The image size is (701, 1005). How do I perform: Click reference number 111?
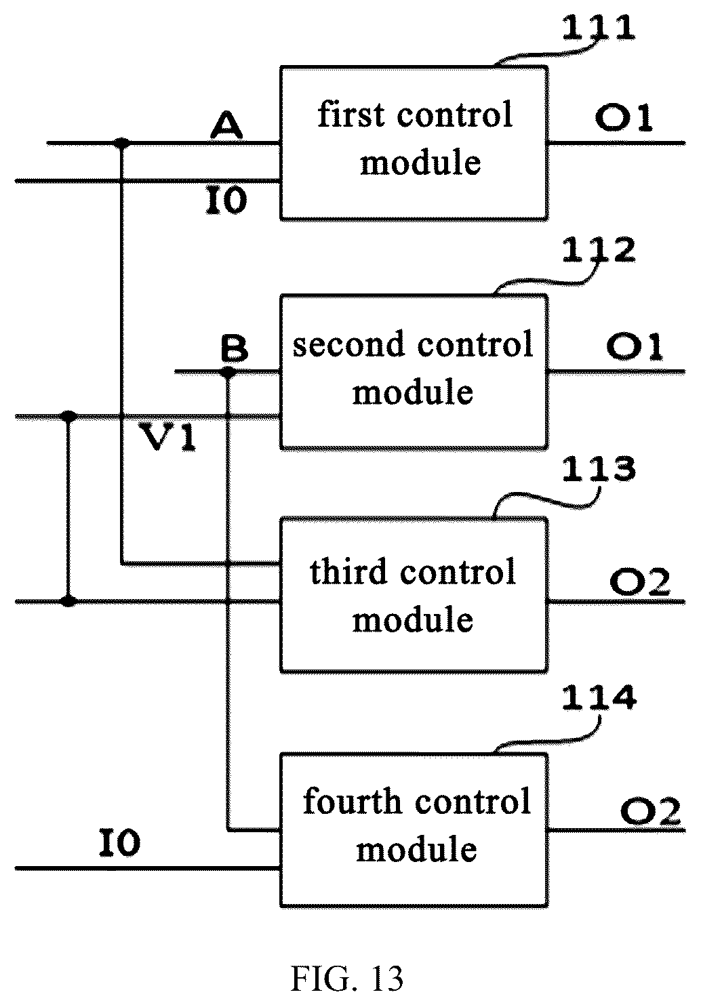click(x=599, y=27)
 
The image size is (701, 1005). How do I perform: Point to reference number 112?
click(x=599, y=249)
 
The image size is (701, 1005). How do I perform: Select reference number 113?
click(x=599, y=470)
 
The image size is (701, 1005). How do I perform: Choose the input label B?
click(x=235, y=349)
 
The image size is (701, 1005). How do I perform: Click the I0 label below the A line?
click(x=226, y=201)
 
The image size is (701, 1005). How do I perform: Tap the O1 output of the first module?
click(x=624, y=119)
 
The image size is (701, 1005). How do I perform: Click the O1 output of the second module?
click(x=635, y=348)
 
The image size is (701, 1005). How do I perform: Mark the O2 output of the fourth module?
click(x=651, y=812)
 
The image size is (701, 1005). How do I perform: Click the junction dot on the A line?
click(x=121, y=143)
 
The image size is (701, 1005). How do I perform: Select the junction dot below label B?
click(x=228, y=372)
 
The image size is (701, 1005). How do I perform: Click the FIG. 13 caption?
click(x=347, y=978)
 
